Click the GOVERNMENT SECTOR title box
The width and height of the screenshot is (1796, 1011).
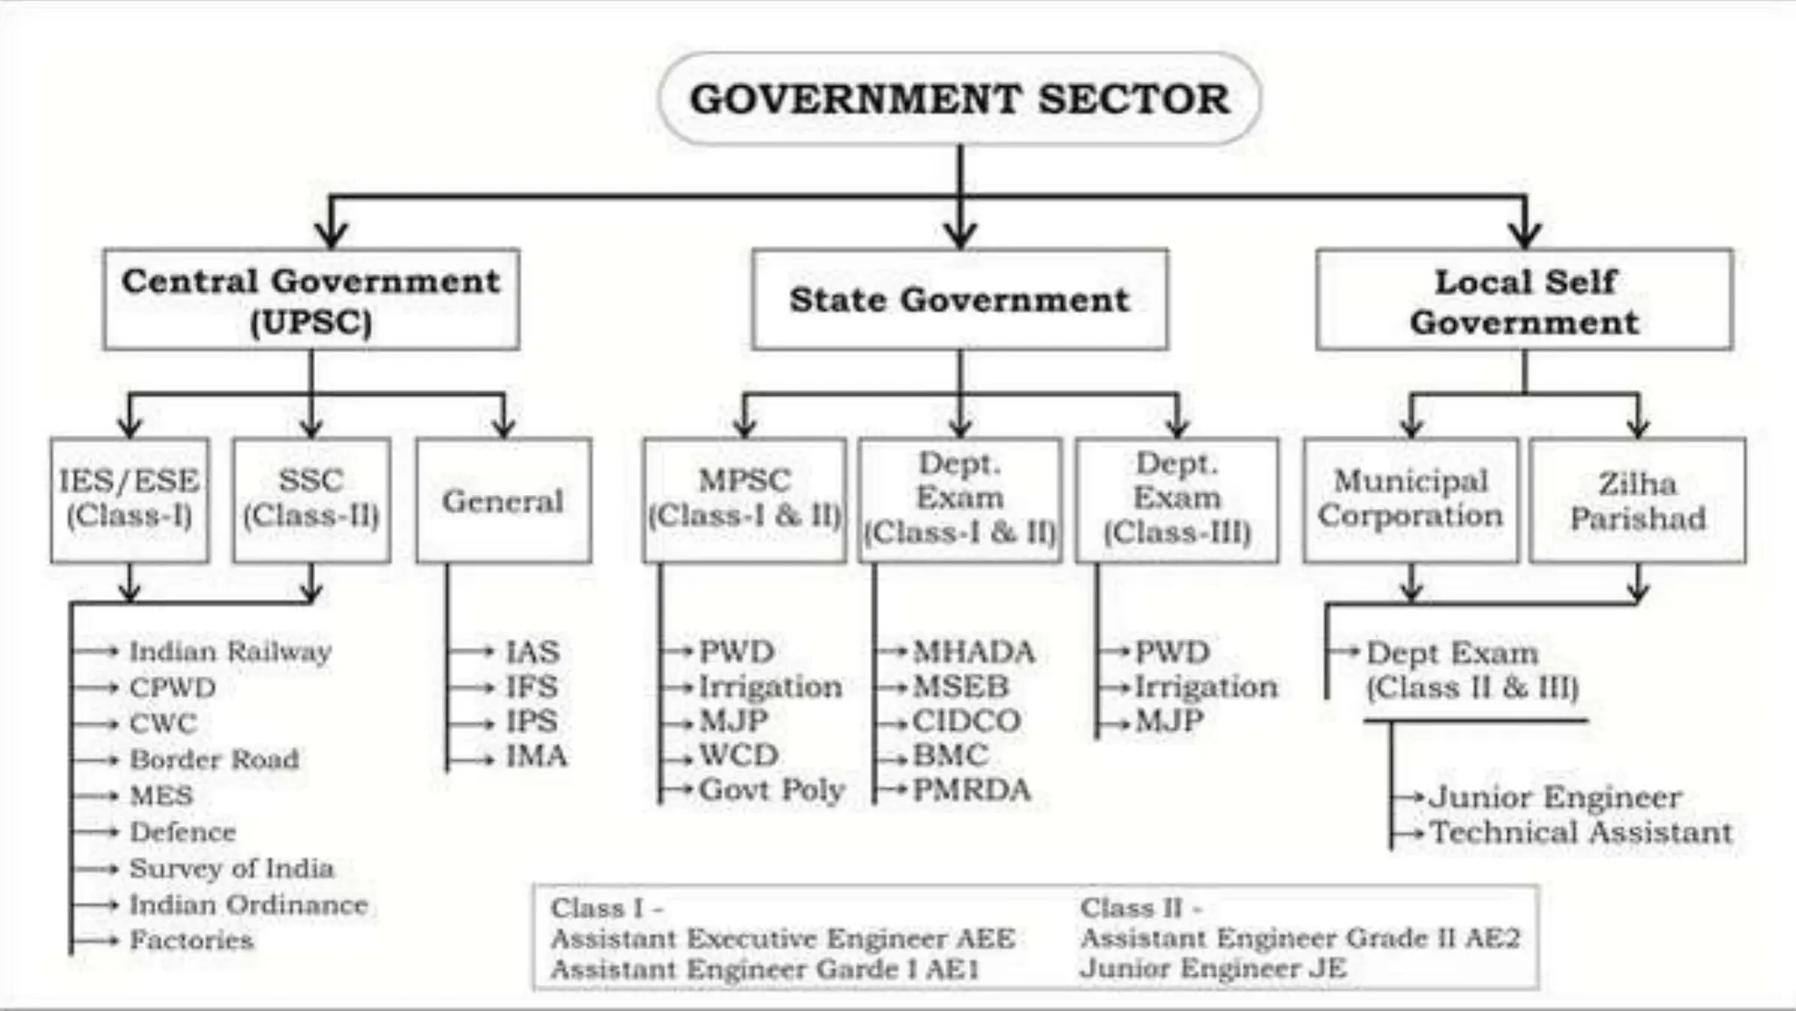coord(959,98)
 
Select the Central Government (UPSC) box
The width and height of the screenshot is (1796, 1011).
coord(311,299)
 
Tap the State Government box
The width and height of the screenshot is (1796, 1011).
coord(959,299)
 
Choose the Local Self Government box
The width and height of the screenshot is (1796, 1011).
coord(1524,299)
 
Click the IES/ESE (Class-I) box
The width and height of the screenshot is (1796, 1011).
coord(130,500)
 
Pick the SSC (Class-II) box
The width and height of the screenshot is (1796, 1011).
coord(311,500)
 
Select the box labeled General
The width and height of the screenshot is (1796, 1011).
coord(503,500)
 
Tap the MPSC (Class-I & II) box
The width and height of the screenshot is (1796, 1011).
coord(745,500)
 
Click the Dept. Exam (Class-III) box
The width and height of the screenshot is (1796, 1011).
coord(1177,500)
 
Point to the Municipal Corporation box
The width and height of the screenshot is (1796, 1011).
coord(1411,500)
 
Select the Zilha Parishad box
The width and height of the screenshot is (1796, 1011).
coord(1637,500)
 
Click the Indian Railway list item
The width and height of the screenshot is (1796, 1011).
coord(231,651)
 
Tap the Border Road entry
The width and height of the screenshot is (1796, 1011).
coord(214,759)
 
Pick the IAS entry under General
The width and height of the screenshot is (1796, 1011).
coord(532,652)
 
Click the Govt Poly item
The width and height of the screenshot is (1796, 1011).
coord(772,790)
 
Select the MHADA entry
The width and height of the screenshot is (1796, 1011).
coord(973,652)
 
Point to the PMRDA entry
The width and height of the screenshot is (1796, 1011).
coord(972,790)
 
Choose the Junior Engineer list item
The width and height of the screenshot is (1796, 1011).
coord(1555,797)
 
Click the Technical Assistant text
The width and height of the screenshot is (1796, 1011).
coord(1581,832)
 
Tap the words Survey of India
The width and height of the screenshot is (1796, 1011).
coord(232,868)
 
